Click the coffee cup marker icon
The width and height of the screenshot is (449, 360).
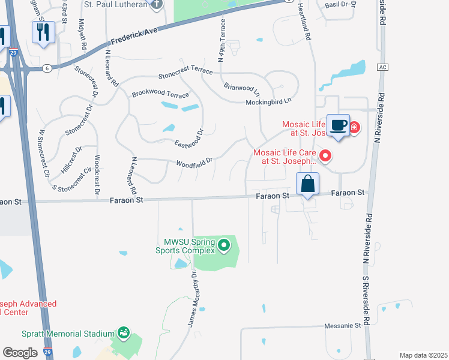pyautogui.click(x=339, y=125)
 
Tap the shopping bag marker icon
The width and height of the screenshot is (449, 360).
pyautogui.click(x=307, y=184)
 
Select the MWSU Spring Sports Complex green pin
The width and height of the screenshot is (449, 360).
pyautogui.click(x=224, y=245)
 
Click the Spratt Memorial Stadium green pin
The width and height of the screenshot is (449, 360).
pyautogui.click(x=124, y=332)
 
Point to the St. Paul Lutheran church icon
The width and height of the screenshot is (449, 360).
pyautogui.click(x=157, y=5)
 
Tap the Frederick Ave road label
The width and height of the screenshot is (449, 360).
pyautogui.click(x=133, y=37)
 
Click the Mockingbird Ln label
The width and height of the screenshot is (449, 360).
pyautogui.click(x=272, y=102)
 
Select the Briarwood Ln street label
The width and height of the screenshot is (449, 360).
pyautogui.click(x=242, y=89)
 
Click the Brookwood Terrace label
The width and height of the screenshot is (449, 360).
pyautogui.click(x=160, y=95)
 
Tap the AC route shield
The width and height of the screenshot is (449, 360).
pyautogui.click(x=382, y=67)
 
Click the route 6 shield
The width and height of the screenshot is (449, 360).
pyautogui.click(x=46, y=68)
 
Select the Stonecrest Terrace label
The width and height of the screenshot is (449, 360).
pyautogui.click(x=185, y=74)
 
